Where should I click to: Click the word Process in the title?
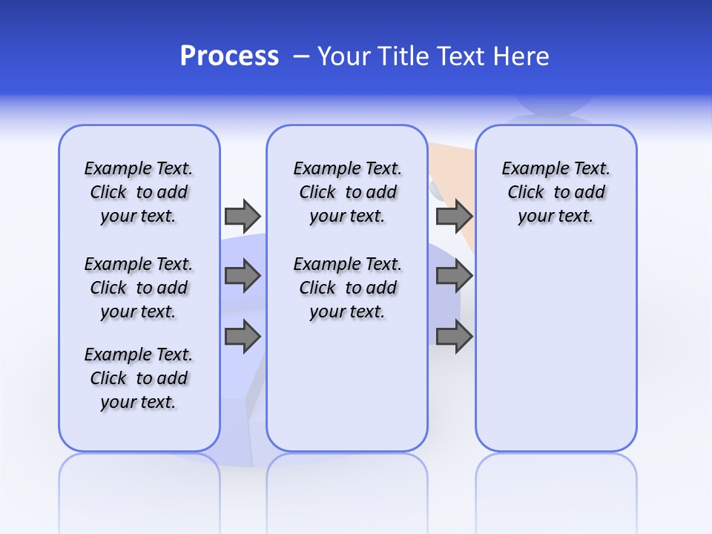(229, 56)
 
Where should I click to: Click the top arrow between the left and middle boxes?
(243, 216)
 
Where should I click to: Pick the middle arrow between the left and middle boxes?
(243, 276)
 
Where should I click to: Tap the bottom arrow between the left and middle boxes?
(243, 337)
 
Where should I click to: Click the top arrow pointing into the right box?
(454, 216)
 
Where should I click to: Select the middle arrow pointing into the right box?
(454, 276)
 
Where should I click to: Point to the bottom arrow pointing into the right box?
(454, 337)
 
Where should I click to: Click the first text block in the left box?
(139, 192)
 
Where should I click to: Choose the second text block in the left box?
(139, 288)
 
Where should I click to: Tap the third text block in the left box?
(139, 378)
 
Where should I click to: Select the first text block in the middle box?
(347, 192)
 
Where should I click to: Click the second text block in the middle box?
(347, 288)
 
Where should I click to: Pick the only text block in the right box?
(556, 192)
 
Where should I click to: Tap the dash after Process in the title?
(301, 56)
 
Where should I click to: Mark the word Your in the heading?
(344, 56)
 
